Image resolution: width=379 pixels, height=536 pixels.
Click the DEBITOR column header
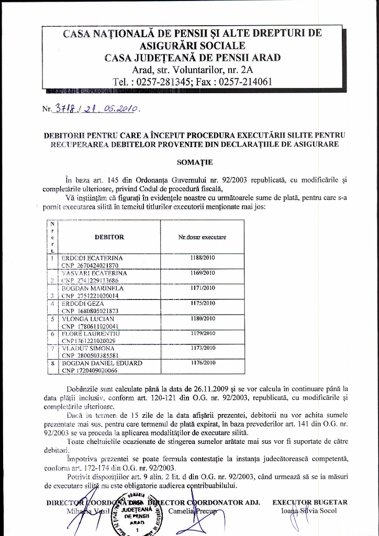click(109, 237)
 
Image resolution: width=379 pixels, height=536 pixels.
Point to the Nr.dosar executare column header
click(202, 237)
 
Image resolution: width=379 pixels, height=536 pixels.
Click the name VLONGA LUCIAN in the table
click(89, 318)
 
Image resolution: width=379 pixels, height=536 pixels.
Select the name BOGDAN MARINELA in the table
click(93, 288)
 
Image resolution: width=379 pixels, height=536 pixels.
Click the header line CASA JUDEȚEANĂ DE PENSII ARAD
click(192, 58)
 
